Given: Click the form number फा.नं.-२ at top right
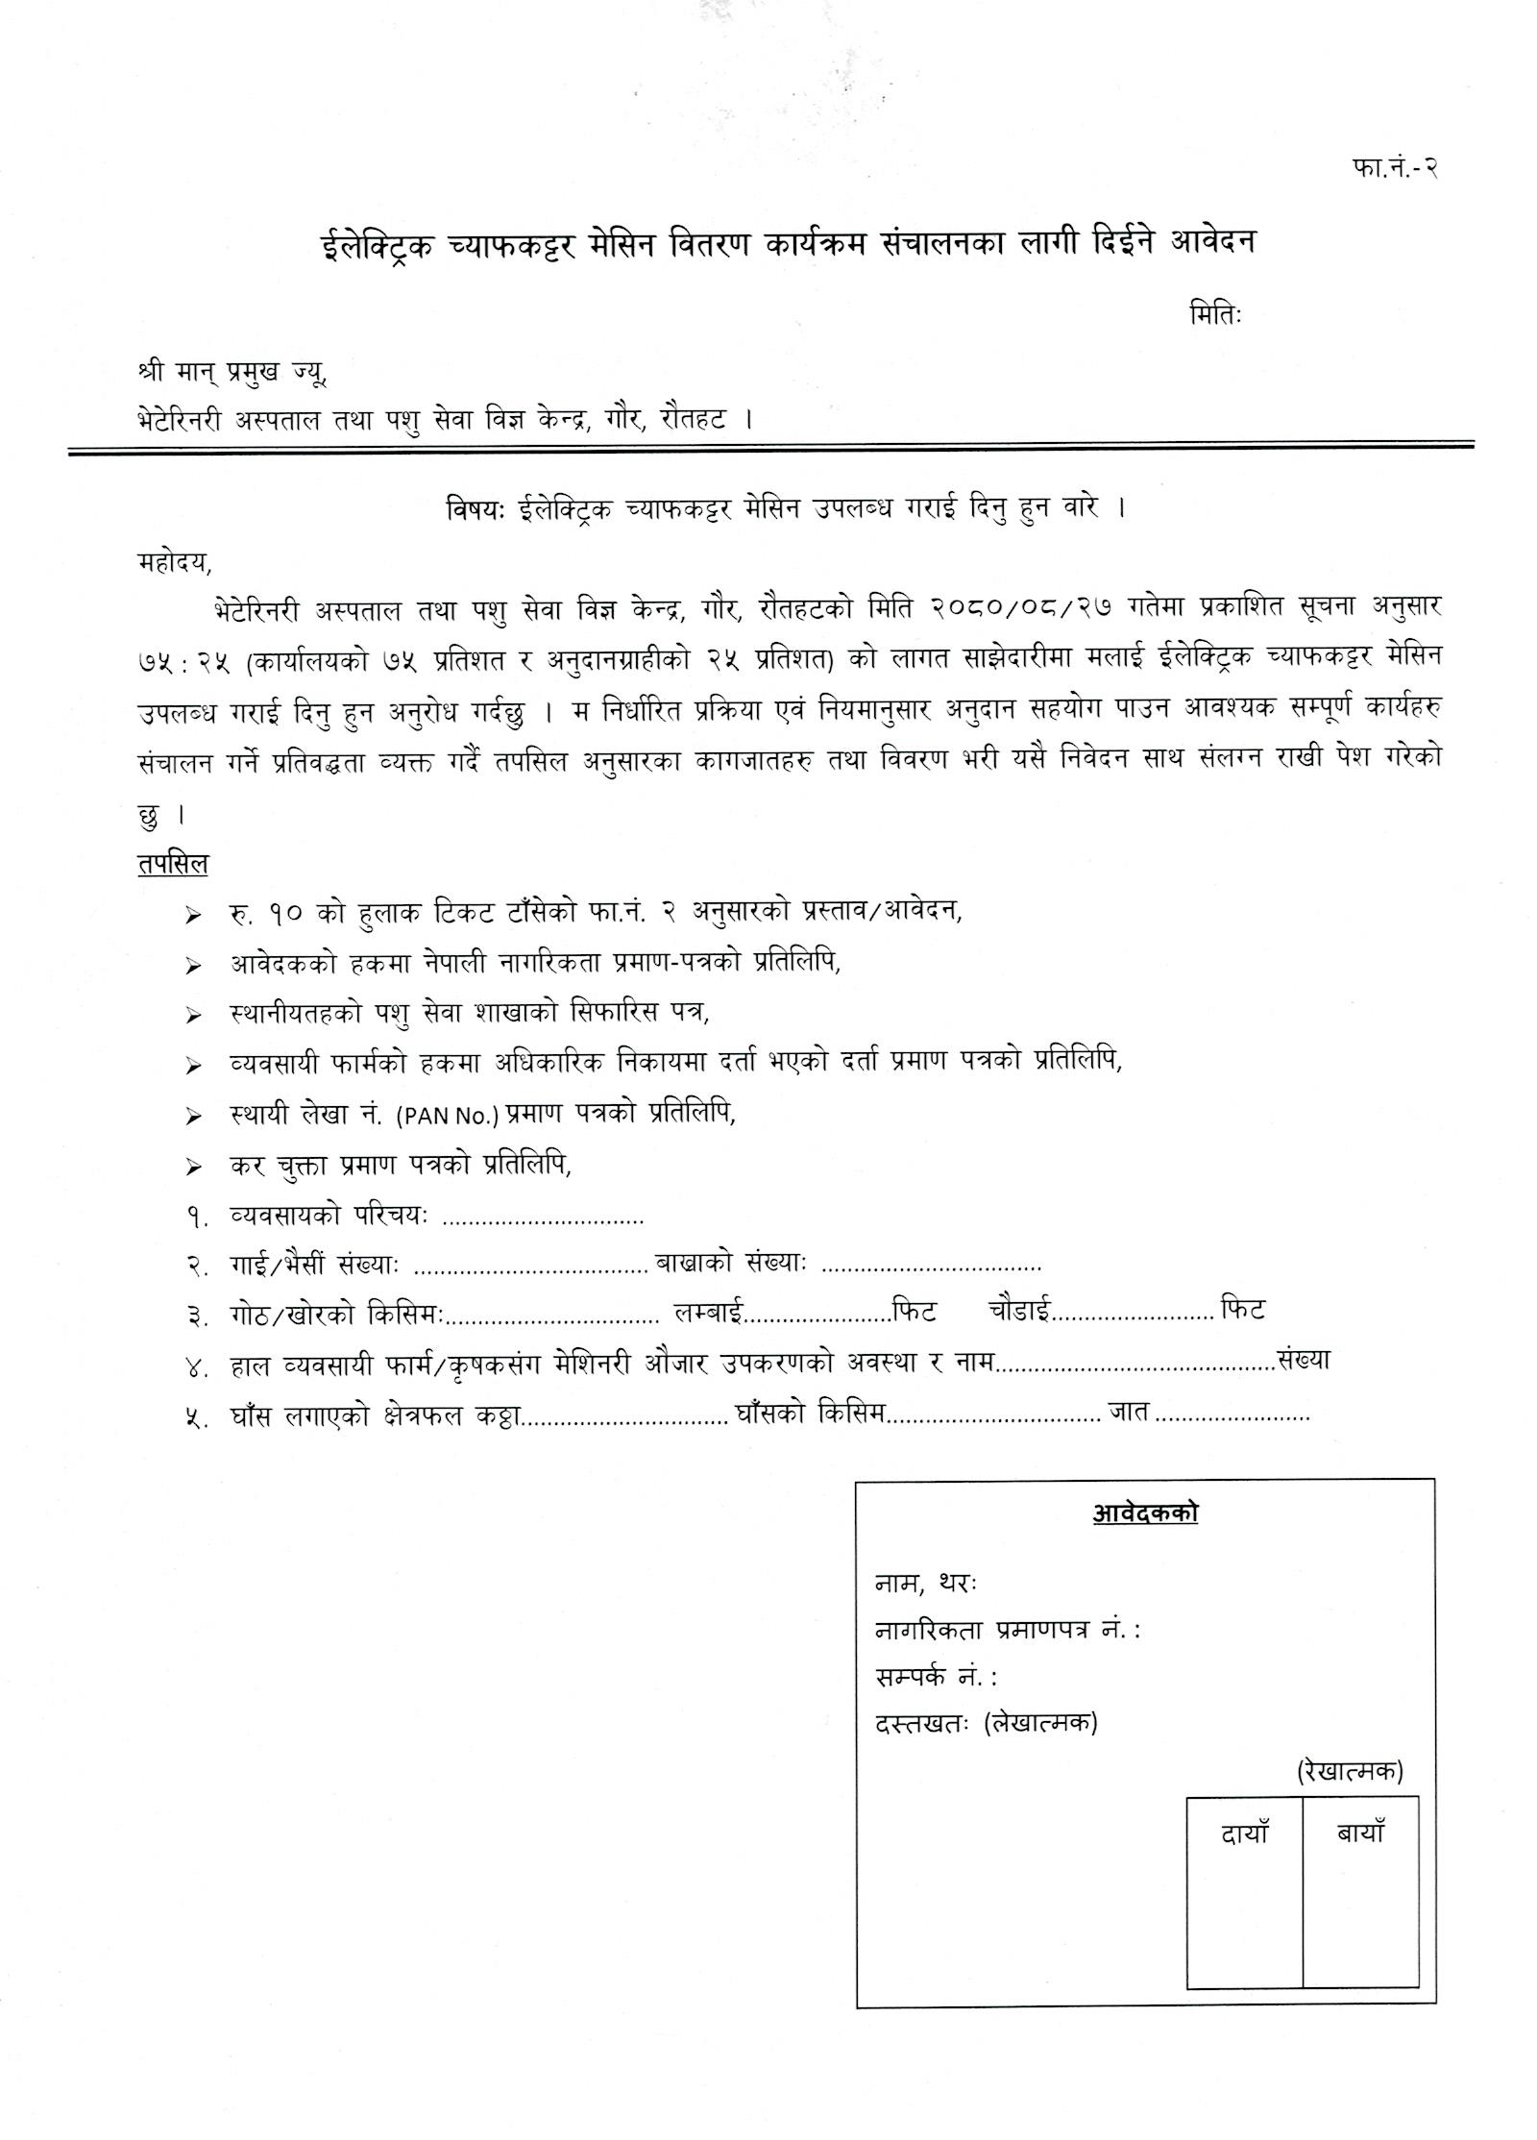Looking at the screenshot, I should (1393, 166).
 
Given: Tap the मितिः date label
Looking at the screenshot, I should (1215, 314).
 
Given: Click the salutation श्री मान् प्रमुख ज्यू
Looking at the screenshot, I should (232, 371).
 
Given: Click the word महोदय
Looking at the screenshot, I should (173, 562).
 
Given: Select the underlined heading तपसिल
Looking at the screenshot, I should (172, 863).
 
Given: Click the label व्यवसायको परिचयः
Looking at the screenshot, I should (329, 1216).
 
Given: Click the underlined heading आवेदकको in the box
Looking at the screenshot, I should (1144, 1513).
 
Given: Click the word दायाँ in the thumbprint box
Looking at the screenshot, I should (1245, 1833).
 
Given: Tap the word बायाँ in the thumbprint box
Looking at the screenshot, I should (1360, 1833).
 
